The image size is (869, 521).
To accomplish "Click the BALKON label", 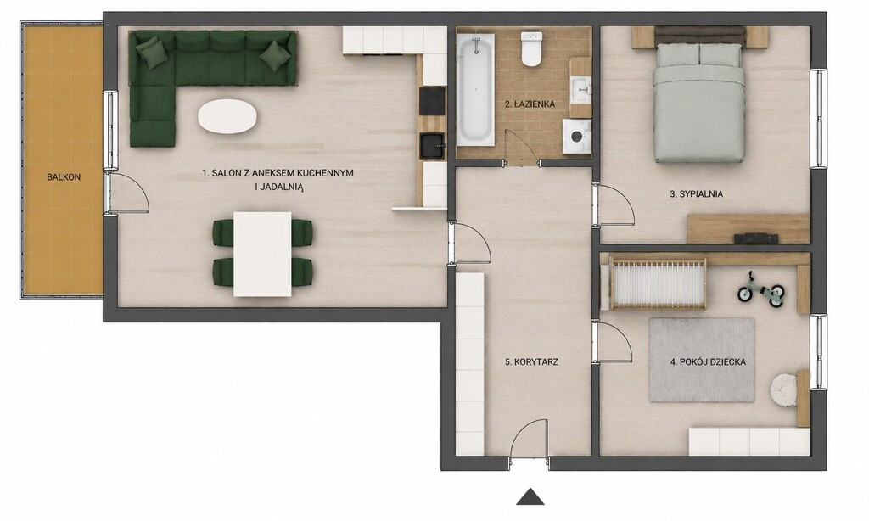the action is (64, 177).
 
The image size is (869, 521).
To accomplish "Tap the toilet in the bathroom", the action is (532, 48).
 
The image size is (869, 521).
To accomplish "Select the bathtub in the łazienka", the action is (475, 90).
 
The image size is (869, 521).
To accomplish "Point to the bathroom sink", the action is (581, 89).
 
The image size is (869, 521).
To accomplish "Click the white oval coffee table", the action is (227, 116).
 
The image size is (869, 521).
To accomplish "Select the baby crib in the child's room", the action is (657, 283).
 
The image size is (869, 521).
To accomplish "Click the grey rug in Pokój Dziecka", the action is (701, 360).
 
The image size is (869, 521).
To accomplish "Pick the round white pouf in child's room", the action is (784, 387).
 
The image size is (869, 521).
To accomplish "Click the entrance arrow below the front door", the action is (530, 496).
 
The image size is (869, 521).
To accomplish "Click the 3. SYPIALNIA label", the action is (697, 194).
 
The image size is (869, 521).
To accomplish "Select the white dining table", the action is (263, 254).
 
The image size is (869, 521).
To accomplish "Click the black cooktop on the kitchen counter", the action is (432, 100).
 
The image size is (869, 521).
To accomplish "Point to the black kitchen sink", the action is (432, 146).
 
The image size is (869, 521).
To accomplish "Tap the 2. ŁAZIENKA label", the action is (530, 104).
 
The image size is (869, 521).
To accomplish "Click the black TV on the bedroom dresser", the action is (756, 238).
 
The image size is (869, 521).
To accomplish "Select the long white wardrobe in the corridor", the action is (470, 363).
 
